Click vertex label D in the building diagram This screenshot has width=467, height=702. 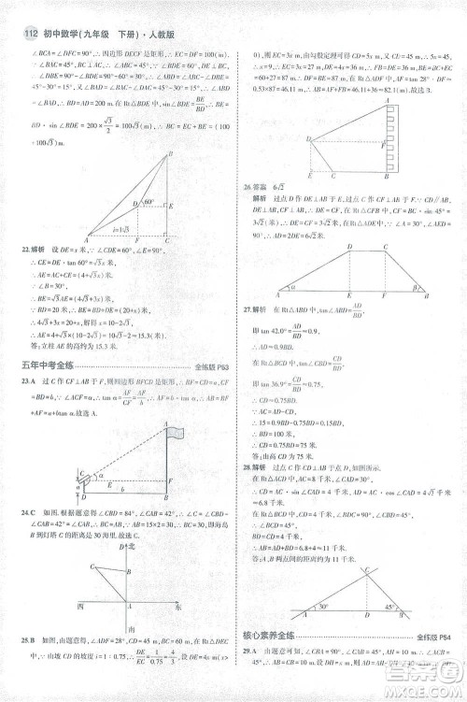click(x=308, y=137)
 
